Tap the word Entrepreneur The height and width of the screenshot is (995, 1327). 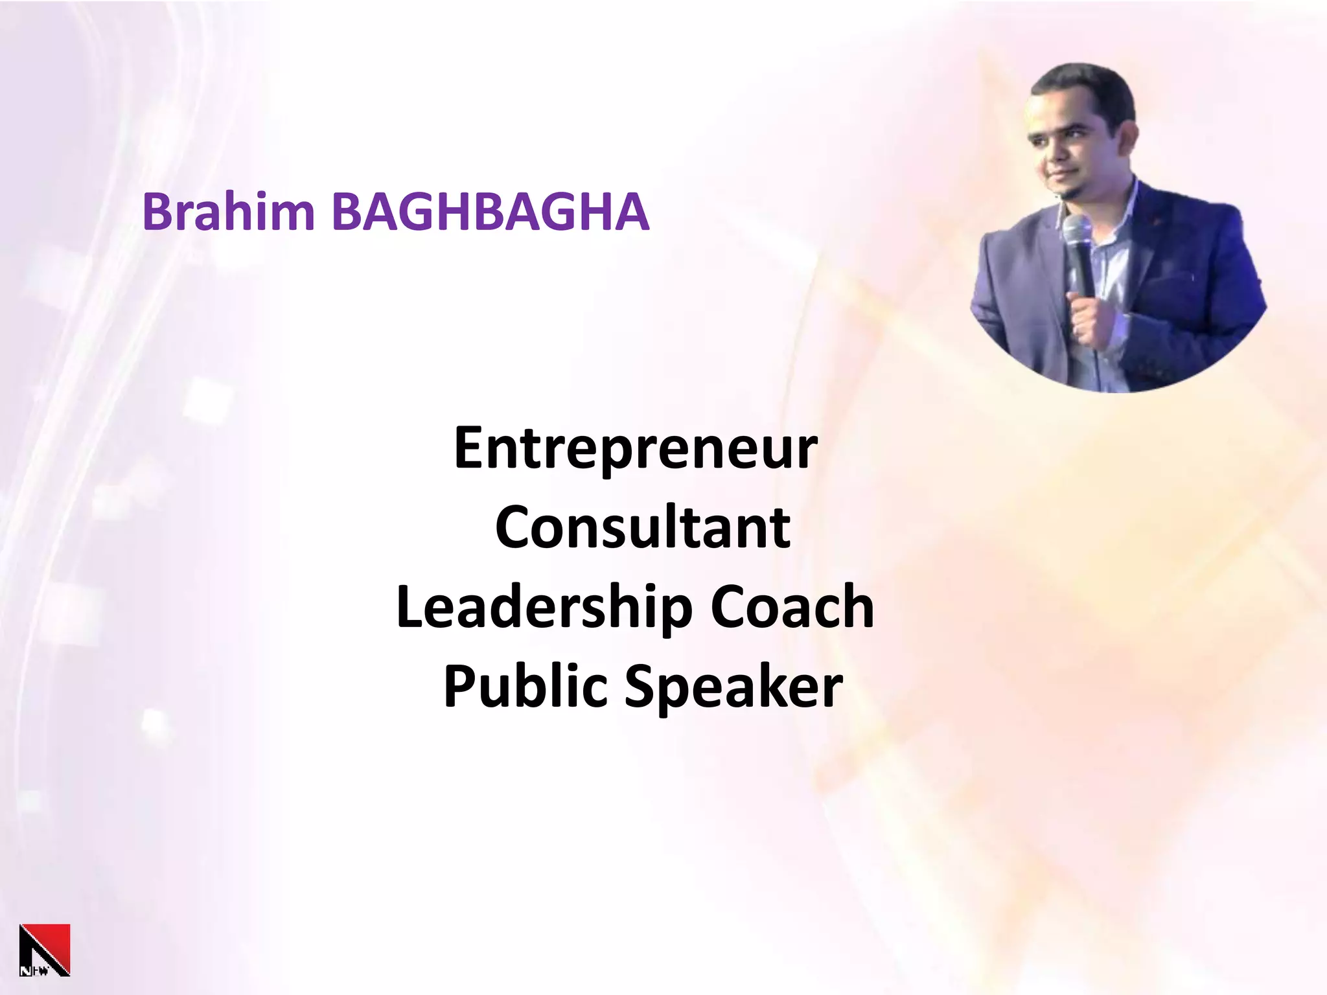[x=636, y=448]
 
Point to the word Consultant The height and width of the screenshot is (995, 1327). [x=642, y=527]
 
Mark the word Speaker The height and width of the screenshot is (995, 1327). [x=733, y=687]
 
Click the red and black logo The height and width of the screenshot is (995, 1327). [x=45, y=950]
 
